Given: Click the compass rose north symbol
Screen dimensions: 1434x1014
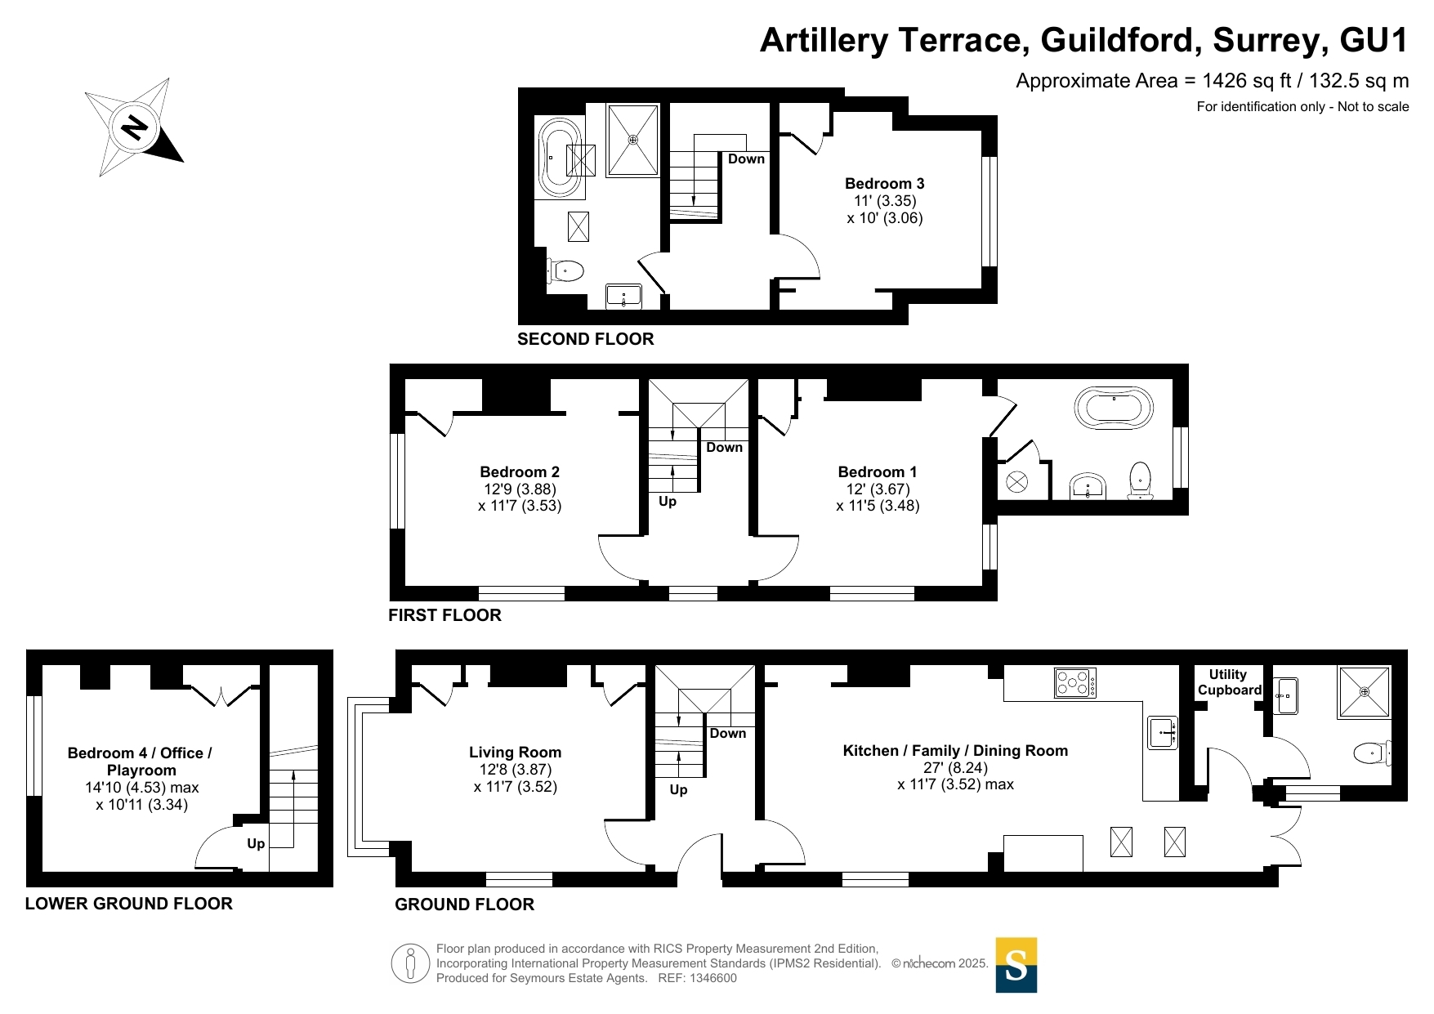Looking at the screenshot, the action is click(135, 127).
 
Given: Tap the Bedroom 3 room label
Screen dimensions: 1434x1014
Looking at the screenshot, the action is click(885, 184).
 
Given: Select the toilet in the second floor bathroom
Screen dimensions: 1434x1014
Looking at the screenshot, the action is click(565, 270).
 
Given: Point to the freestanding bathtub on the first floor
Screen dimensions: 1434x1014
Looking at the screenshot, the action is click(1114, 408).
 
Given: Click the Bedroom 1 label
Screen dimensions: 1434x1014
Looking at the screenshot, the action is click(878, 472).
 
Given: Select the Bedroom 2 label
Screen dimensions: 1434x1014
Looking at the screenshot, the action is click(520, 472).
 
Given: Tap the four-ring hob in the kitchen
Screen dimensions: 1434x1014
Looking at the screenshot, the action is click(1075, 683).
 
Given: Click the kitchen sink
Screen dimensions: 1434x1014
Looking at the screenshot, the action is click(1163, 732).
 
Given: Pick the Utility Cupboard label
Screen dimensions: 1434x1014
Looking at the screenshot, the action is click(1230, 682).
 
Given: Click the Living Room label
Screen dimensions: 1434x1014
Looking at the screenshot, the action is click(515, 753).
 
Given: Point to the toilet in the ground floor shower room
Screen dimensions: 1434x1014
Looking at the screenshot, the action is click(1373, 753).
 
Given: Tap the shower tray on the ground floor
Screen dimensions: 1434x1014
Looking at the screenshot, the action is click(1364, 692).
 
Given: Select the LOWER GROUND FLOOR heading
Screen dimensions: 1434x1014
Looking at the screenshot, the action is click(129, 904).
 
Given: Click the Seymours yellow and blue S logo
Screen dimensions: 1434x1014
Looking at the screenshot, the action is click(1016, 965).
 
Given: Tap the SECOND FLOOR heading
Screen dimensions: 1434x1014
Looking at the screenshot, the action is click(586, 339).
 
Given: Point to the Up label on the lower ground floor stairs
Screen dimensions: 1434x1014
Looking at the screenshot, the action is click(256, 843).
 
